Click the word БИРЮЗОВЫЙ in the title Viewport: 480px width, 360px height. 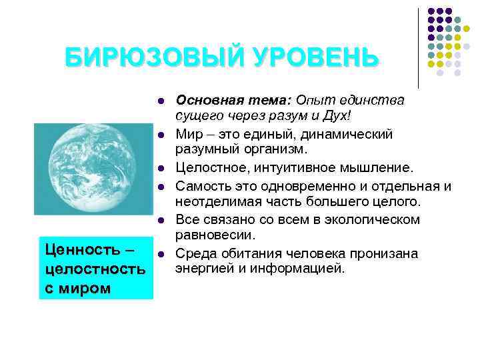click(x=154, y=57)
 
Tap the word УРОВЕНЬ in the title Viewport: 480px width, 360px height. click(x=314, y=57)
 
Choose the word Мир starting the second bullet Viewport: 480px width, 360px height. click(x=188, y=134)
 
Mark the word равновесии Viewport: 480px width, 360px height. click(x=214, y=234)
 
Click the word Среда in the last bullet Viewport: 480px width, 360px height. click(x=194, y=253)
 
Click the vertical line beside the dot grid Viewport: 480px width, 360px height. click(x=418, y=47)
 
